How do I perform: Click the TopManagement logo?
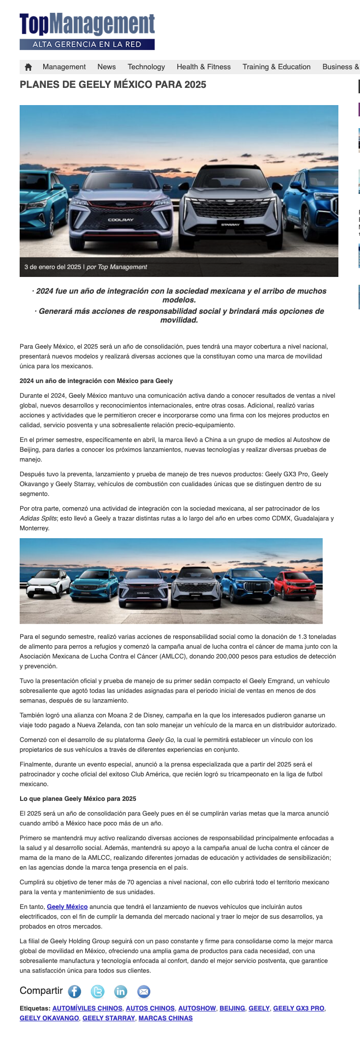pyautogui.click(x=87, y=31)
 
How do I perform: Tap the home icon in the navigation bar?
pyautogui.click(x=28, y=67)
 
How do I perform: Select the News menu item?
pyautogui.click(x=107, y=67)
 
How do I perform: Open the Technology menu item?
pyautogui.click(x=146, y=67)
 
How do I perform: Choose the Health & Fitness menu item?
pyautogui.click(x=204, y=67)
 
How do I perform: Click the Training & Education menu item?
pyautogui.click(x=277, y=67)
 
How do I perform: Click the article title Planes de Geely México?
pyautogui.click(x=113, y=84)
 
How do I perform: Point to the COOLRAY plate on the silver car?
pyautogui.click(x=121, y=219)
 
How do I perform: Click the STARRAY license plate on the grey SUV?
pyautogui.click(x=230, y=224)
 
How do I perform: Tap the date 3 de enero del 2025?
pyautogui.click(x=53, y=267)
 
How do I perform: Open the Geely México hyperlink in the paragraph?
pyautogui.click(x=67, y=907)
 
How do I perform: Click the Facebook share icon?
pyautogui.click(x=74, y=991)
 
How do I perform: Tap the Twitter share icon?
pyautogui.click(x=97, y=991)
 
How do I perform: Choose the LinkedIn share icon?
pyautogui.click(x=120, y=991)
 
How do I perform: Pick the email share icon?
pyautogui.click(x=143, y=991)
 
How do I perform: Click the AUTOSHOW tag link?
pyautogui.click(x=197, y=1008)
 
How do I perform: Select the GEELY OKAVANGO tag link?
pyautogui.click(x=49, y=1018)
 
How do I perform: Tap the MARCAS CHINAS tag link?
pyautogui.click(x=166, y=1018)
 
